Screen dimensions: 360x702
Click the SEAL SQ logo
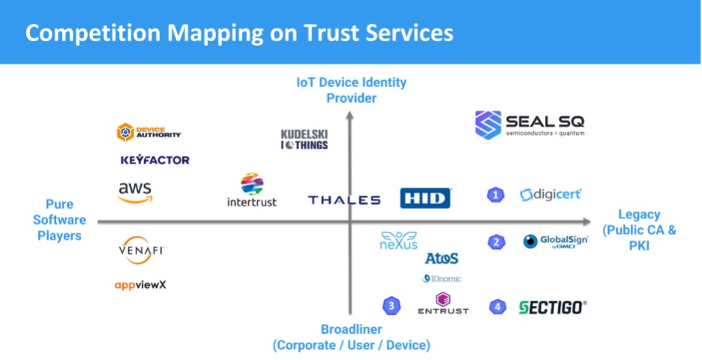click(x=529, y=124)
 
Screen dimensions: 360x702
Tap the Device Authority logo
click(x=148, y=133)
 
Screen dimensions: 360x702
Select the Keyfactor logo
click(x=154, y=160)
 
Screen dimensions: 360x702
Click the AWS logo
click(x=135, y=192)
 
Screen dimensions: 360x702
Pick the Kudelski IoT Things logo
click(x=304, y=139)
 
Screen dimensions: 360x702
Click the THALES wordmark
click(x=344, y=200)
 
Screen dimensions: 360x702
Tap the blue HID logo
click(x=425, y=198)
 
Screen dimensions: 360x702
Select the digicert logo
click(x=550, y=195)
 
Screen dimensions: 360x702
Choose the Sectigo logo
click(x=553, y=307)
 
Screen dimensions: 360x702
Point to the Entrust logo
click(x=442, y=304)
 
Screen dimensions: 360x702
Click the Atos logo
click(x=442, y=258)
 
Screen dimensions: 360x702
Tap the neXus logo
click(x=398, y=240)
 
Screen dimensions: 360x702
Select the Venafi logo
click(x=142, y=250)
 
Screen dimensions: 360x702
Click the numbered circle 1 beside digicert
click(x=495, y=195)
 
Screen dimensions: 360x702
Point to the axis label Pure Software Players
click(x=60, y=220)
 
